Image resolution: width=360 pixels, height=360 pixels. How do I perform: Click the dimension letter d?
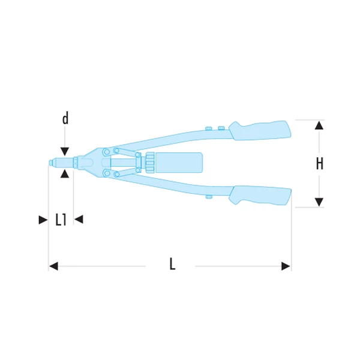tap(65, 119)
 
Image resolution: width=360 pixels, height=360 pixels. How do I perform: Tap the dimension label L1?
tap(61, 220)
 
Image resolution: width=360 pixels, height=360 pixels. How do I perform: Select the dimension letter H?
tap(319, 163)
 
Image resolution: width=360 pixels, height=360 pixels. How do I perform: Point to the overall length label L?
tap(172, 263)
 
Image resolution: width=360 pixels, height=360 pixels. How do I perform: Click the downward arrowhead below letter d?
tap(65, 152)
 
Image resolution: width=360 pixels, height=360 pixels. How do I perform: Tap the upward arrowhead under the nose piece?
tap(65, 174)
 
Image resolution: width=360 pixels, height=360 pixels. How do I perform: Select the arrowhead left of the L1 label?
tap(43, 220)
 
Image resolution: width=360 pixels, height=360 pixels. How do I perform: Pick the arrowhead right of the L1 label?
tap(79, 219)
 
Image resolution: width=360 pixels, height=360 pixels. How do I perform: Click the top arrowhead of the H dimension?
tap(319, 125)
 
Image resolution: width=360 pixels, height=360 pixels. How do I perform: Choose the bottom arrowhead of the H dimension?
tap(319, 202)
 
